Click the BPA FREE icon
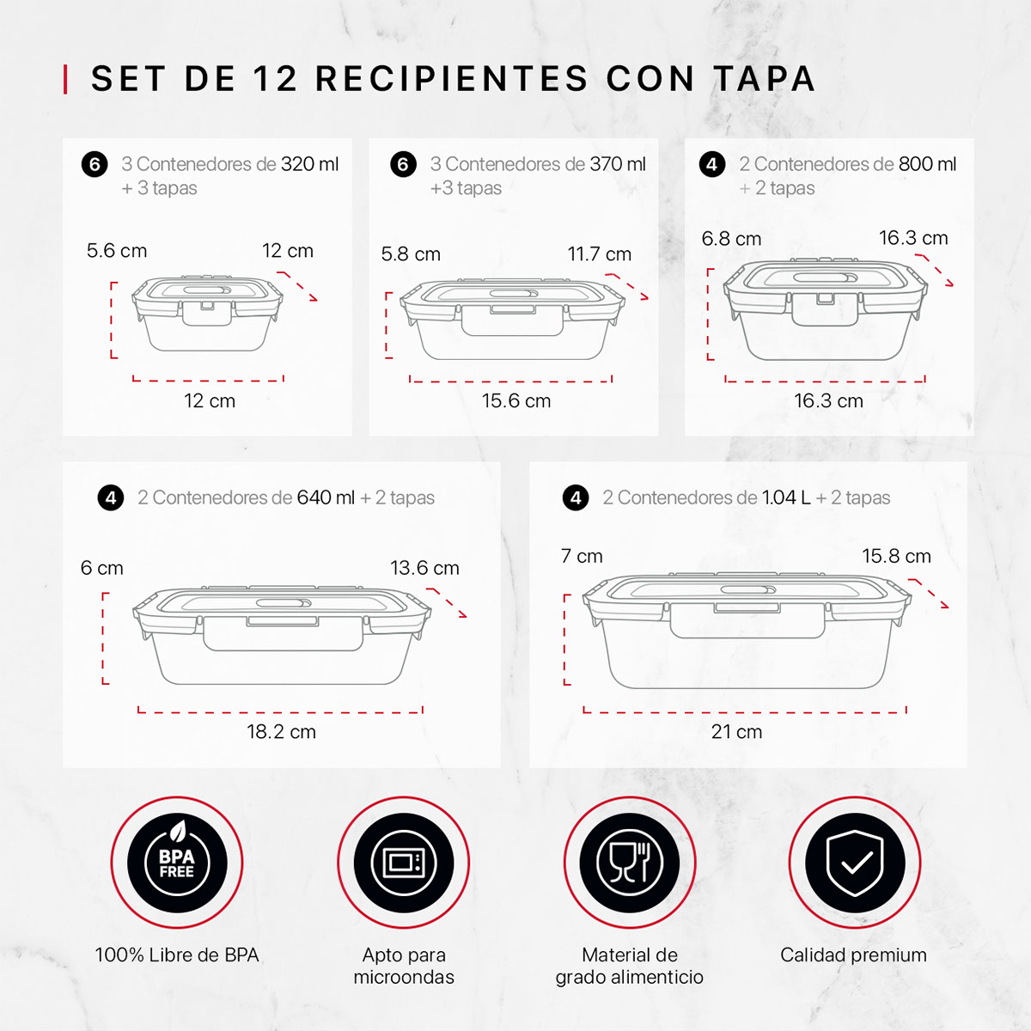[x=177, y=863]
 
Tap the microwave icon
[x=404, y=863]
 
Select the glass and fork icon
[x=630, y=863]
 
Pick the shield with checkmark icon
[x=854, y=863]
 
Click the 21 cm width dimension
[x=736, y=732]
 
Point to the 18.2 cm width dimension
[x=282, y=732]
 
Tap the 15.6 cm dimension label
[x=516, y=400]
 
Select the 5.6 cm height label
[x=117, y=250]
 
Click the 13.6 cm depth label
[x=424, y=568]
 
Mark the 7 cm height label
[x=582, y=556]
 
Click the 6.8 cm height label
[x=731, y=239]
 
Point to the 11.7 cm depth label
[x=599, y=253]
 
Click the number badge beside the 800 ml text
[x=712, y=164]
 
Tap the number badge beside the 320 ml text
[x=95, y=164]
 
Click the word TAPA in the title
[x=765, y=79]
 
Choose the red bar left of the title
[x=65, y=79]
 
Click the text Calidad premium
[x=853, y=955]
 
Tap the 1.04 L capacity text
[x=786, y=497]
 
